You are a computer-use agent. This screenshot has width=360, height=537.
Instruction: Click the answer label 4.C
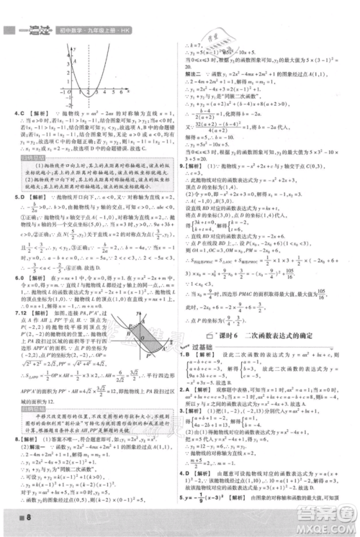pyautogui.click(x=20, y=116)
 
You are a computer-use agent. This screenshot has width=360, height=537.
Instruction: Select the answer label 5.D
pyautogui.click(x=20, y=195)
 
